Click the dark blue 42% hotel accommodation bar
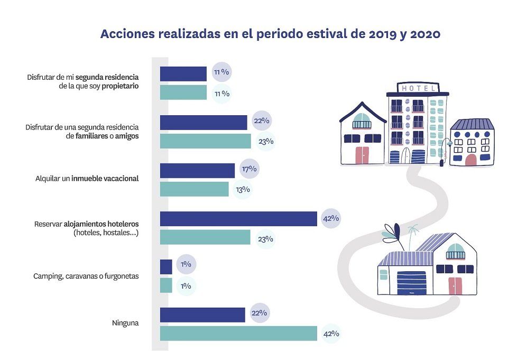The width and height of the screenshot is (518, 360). pyautogui.click(x=238, y=219)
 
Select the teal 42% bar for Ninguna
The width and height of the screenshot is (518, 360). pyautogui.click(x=238, y=334)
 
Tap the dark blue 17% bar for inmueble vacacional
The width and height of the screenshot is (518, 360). pyautogui.click(x=197, y=170)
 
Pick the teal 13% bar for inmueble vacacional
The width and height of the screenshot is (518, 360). pyautogui.click(x=194, y=189)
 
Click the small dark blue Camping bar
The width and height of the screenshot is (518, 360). pyautogui.click(x=165, y=267)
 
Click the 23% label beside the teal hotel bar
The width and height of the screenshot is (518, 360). pyautogui.click(x=265, y=239)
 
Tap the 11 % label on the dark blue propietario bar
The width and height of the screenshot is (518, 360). pyautogui.click(x=221, y=72)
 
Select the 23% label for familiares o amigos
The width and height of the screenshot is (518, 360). pyautogui.click(x=265, y=141)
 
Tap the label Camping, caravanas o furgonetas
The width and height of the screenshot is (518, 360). pyautogui.click(x=86, y=276)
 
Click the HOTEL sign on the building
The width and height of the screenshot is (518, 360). pyautogui.click(x=418, y=88)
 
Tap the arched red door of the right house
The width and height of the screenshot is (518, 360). pyautogui.click(x=470, y=159)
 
